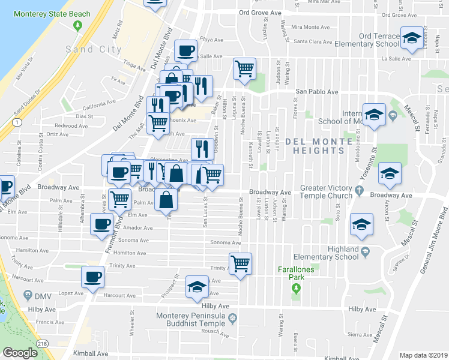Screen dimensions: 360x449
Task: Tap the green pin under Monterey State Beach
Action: pos(77,26)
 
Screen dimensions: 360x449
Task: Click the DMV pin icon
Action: pos(27,295)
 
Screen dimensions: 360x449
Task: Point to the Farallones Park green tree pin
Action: pos(295,289)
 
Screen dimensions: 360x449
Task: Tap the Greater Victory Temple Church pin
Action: pos(360,191)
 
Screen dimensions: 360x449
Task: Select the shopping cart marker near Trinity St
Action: pos(241,263)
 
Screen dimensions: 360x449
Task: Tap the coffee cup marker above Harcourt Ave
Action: pos(92,277)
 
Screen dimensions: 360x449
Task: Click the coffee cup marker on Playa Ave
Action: pos(186,50)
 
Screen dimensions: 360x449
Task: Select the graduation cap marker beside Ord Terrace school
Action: pos(411,38)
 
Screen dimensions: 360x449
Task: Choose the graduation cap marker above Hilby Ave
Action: pos(197,288)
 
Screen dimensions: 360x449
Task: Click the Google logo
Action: pos(20,353)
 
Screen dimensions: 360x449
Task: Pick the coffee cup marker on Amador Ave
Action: pos(101,224)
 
